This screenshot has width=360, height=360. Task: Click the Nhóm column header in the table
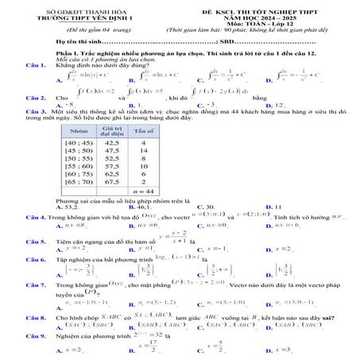[78, 131]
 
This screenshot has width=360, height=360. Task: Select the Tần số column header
[144, 131]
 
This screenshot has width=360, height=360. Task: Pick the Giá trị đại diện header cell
[111, 131]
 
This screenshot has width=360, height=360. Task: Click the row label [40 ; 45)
[78, 144]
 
